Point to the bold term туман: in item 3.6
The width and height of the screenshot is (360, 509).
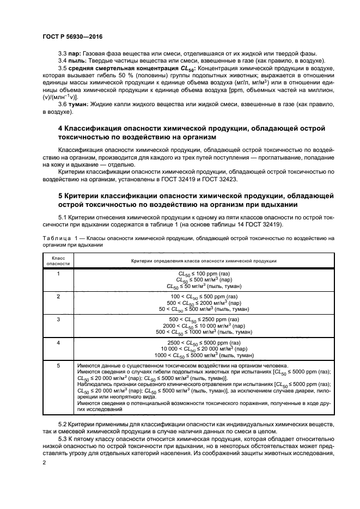point(79,105)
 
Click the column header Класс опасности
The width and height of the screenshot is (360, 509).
point(58,261)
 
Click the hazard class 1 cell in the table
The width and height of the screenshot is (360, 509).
point(58,274)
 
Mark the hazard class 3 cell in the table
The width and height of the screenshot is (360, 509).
point(58,319)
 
